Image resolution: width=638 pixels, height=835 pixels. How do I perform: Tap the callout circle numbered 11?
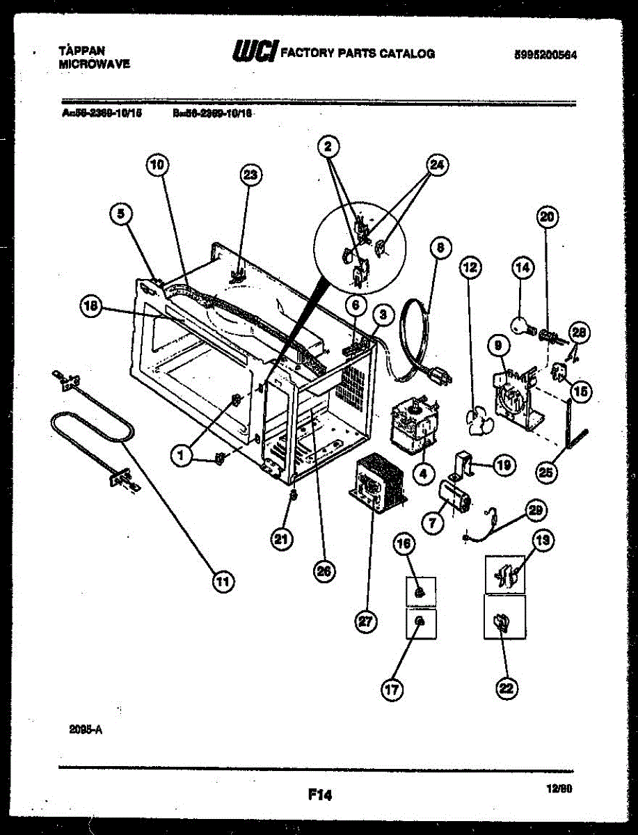[x=222, y=582]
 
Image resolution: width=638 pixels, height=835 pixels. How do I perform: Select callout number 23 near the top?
[x=251, y=175]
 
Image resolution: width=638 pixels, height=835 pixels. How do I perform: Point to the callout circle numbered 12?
[x=470, y=267]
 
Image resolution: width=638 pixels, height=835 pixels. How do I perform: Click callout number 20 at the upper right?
[x=548, y=217]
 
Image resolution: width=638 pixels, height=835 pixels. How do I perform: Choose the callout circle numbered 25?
[x=548, y=472]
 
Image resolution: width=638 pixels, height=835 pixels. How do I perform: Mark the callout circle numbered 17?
[x=392, y=690]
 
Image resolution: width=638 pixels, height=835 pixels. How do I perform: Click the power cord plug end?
[x=440, y=377]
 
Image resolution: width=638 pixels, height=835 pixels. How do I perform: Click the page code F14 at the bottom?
[x=319, y=795]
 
